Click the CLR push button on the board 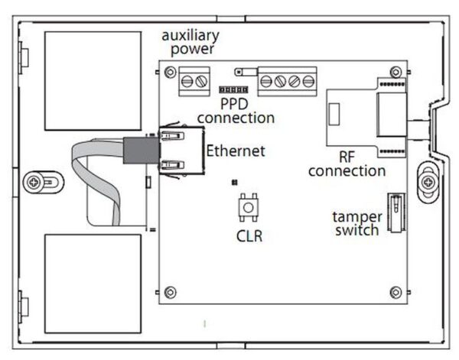tap(248, 207)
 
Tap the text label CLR tap(249, 236)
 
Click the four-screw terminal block tap(287, 79)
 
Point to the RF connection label tap(347, 163)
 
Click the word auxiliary tap(190, 36)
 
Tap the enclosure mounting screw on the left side tap(36, 182)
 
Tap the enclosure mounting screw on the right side tap(428, 182)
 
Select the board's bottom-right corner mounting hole tap(395, 291)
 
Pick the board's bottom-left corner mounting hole tap(168, 291)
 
